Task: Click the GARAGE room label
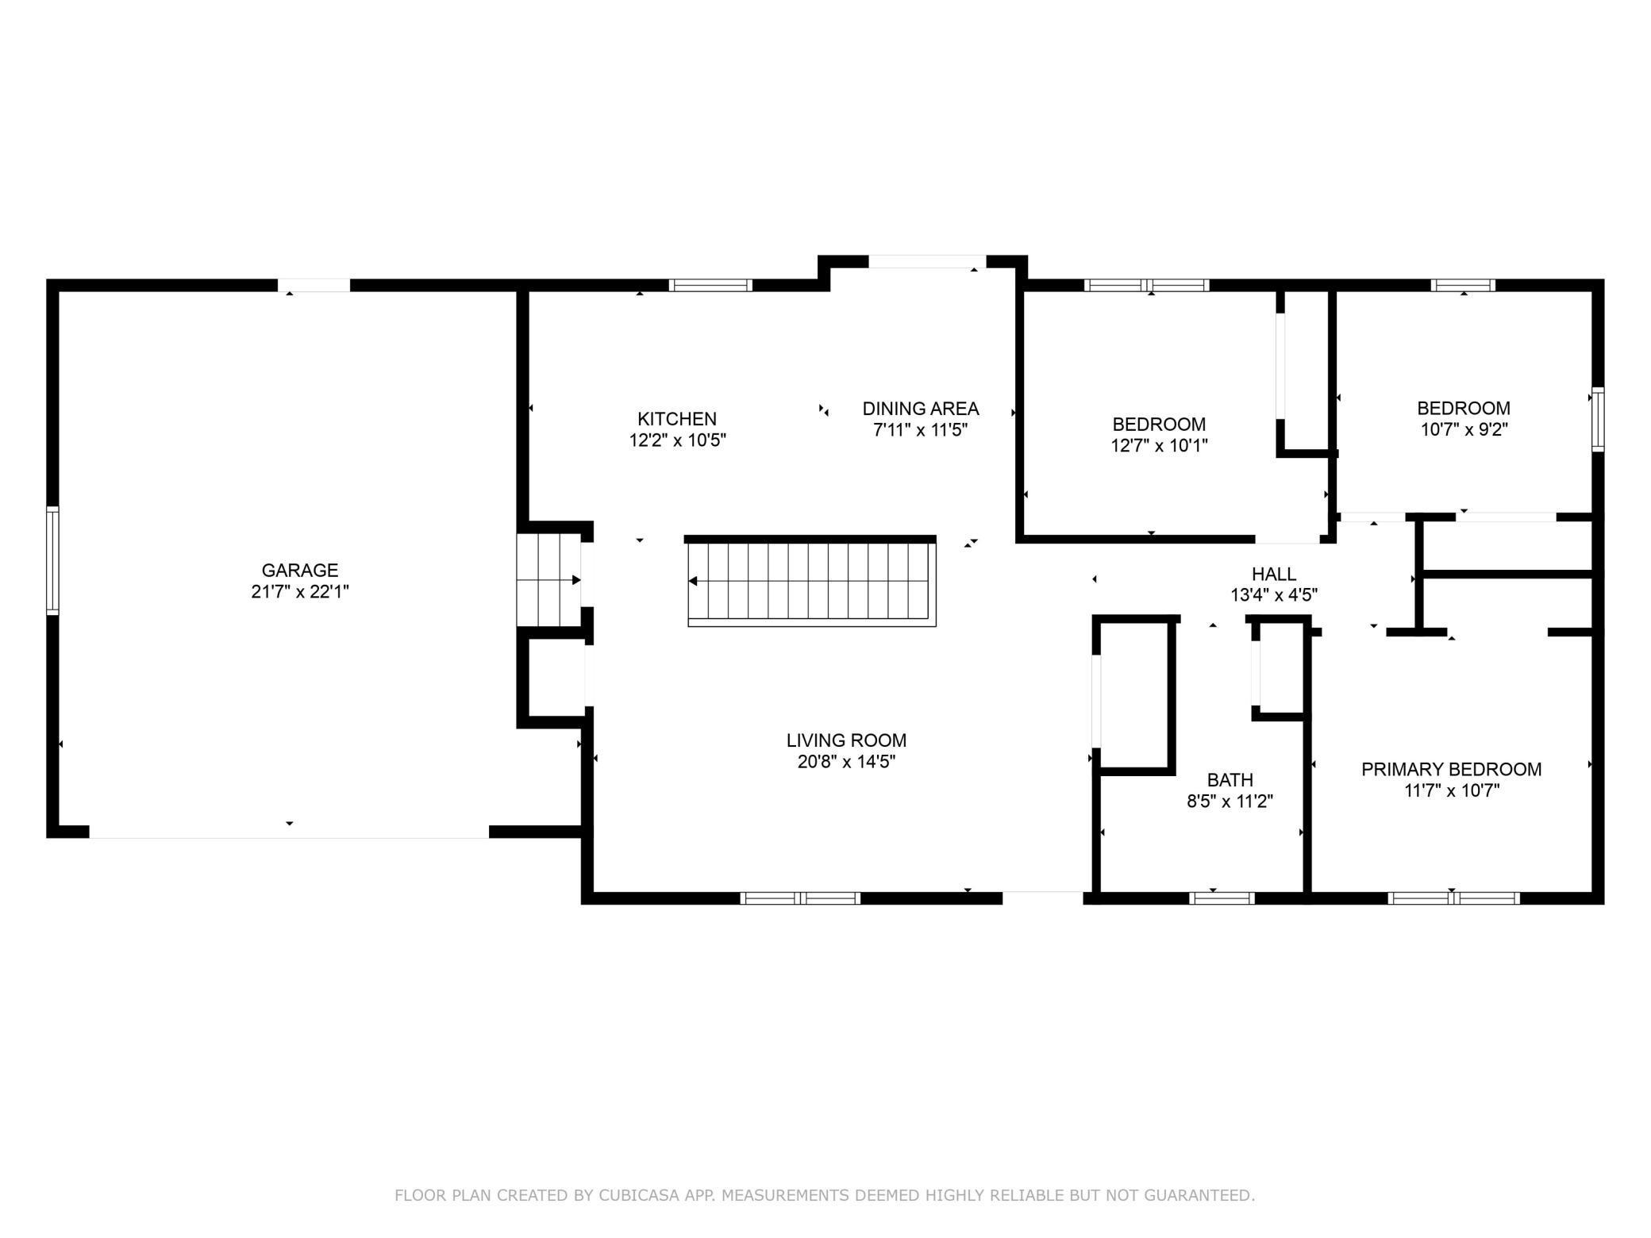click(x=300, y=570)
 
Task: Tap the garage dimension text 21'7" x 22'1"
click(x=300, y=591)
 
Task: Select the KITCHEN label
click(x=677, y=419)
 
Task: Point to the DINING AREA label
click(x=921, y=409)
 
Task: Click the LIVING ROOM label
click(x=846, y=740)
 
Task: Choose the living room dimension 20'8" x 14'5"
click(x=846, y=762)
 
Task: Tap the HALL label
click(x=1274, y=574)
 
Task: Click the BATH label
click(x=1230, y=780)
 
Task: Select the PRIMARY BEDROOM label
click(x=1451, y=769)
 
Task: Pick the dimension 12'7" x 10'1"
click(x=1159, y=445)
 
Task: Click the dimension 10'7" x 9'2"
click(x=1464, y=429)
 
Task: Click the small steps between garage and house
click(x=548, y=580)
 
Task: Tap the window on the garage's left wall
click(x=52, y=560)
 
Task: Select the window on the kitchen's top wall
click(x=710, y=286)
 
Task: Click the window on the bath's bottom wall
click(x=1222, y=898)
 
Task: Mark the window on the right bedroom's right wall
click(x=1598, y=420)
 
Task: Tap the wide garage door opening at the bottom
click(x=289, y=832)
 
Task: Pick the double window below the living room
click(x=800, y=898)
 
